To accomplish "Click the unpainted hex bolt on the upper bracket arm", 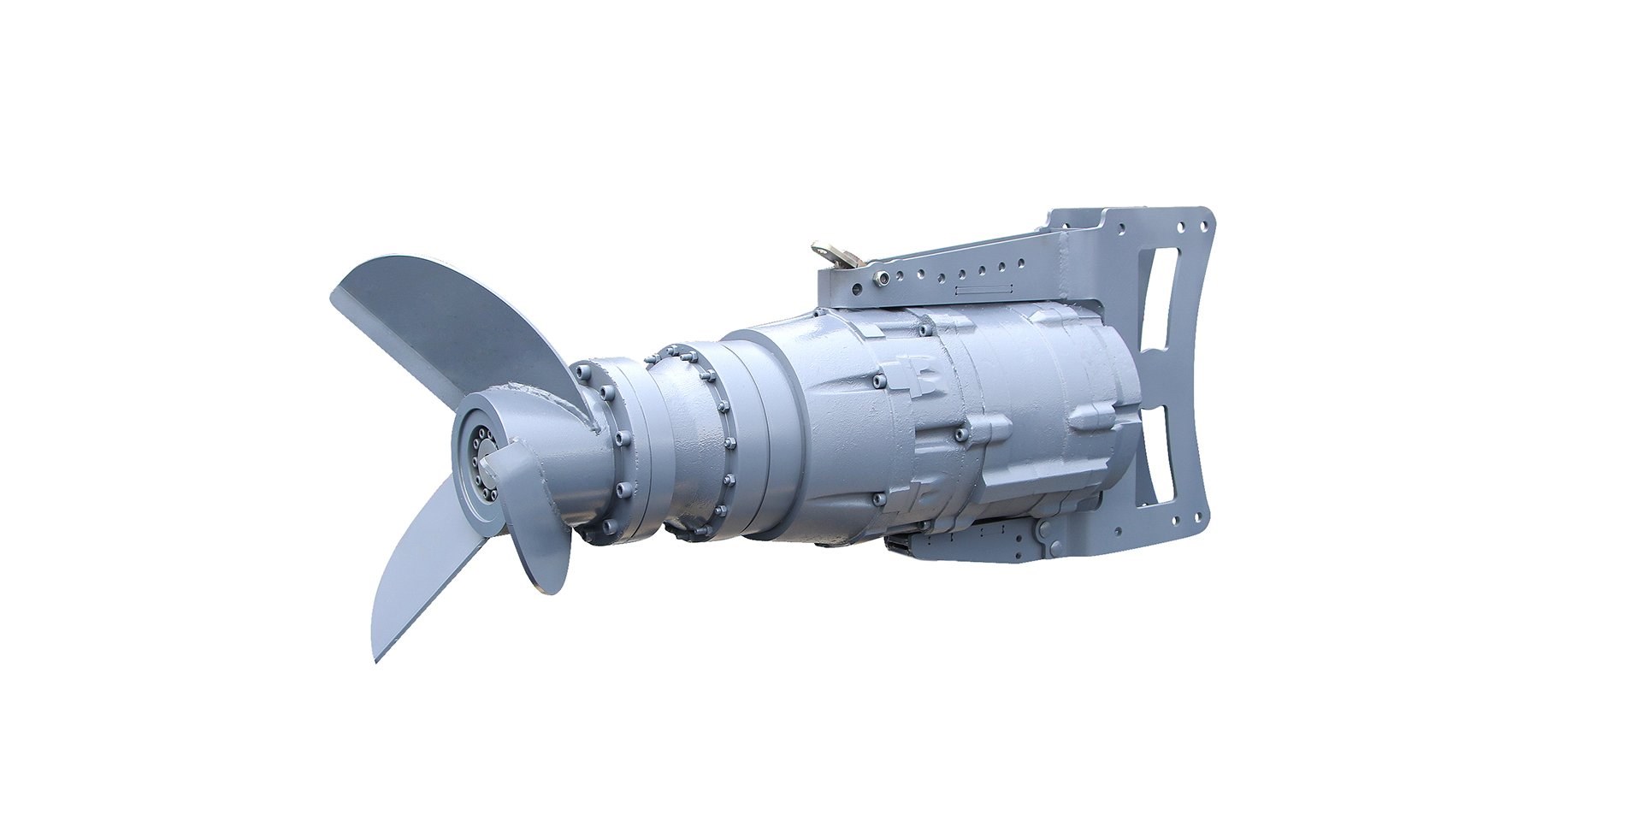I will tap(878, 275).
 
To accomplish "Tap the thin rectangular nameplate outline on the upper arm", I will tap(983, 292).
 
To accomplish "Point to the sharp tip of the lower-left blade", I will tap(376, 659).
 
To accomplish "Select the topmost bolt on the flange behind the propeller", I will tap(583, 370).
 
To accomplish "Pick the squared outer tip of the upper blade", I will tap(335, 295).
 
